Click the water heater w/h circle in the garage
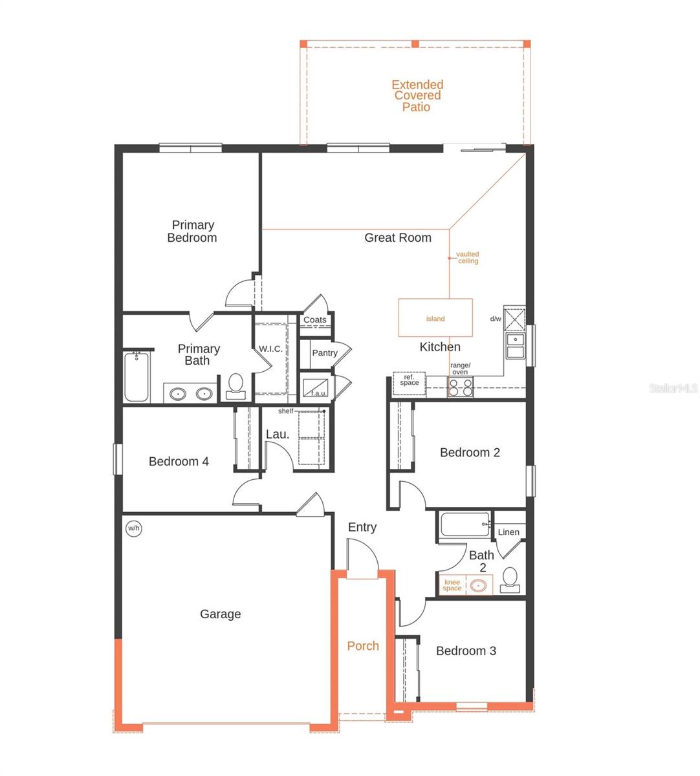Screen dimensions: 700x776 pos(133,528)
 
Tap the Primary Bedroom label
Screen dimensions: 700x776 pos(192,231)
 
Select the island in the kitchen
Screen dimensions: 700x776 pos(435,318)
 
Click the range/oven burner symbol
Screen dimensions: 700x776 pos(461,387)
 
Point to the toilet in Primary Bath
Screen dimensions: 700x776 pos(235,387)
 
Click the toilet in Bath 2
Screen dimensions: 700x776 pos(510,580)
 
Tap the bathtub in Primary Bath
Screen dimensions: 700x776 pos(137,376)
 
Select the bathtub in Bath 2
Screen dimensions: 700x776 pos(465,524)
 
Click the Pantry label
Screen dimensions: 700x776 pos(325,353)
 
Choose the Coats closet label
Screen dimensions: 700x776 pos(315,319)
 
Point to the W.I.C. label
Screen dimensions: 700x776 pos(270,349)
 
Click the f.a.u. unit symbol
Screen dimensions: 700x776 pos(316,388)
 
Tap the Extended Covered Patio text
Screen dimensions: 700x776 pos(417,96)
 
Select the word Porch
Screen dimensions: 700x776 pos(363,645)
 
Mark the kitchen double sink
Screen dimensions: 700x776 pos(516,346)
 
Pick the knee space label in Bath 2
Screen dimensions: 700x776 pos(452,585)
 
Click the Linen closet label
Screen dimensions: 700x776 pos(509,532)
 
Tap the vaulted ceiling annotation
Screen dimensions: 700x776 pos(468,257)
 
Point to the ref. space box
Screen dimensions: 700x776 pos(410,383)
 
